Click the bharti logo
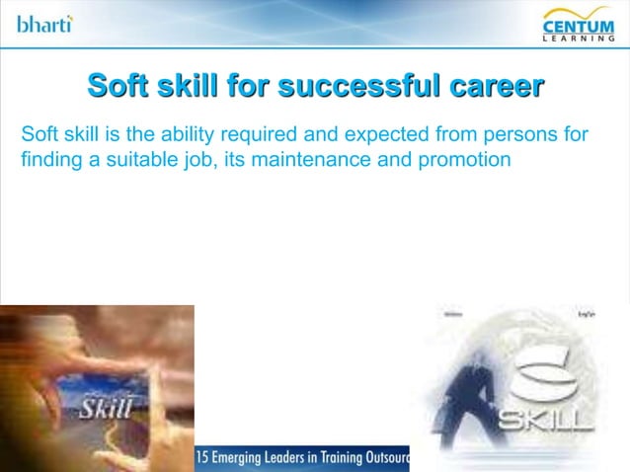(44, 22)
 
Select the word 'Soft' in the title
(120, 86)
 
